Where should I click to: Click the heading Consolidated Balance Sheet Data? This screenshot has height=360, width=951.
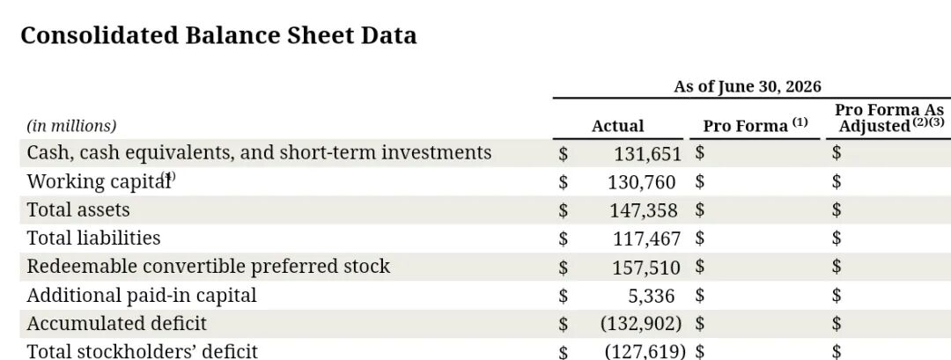tap(218, 35)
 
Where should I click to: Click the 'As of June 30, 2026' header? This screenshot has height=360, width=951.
tap(748, 86)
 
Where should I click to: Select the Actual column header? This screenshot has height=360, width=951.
tap(617, 126)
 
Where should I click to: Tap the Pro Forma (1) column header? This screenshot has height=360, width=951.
tap(756, 126)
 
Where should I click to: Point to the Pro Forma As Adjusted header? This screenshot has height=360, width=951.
tap(889, 118)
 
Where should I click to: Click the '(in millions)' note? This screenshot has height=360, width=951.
tap(71, 126)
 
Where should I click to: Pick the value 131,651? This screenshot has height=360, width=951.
tap(648, 154)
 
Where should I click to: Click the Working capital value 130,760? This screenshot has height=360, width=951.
tap(642, 182)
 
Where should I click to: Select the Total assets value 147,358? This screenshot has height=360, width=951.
tap(644, 210)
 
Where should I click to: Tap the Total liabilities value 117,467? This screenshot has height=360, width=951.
tap(646, 239)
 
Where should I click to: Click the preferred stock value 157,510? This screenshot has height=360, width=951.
tap(646, 268)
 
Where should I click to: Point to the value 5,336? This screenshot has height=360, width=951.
tap(651, 296)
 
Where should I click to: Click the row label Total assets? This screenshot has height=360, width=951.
tap(78, 209)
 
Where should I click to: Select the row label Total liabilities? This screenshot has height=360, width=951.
tap(94, 238)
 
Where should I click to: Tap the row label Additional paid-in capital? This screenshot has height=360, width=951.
tap(142, 295)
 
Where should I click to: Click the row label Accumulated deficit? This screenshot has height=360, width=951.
tap(117, 324)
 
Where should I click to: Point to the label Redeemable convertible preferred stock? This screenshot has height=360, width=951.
tap(209, 267)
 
